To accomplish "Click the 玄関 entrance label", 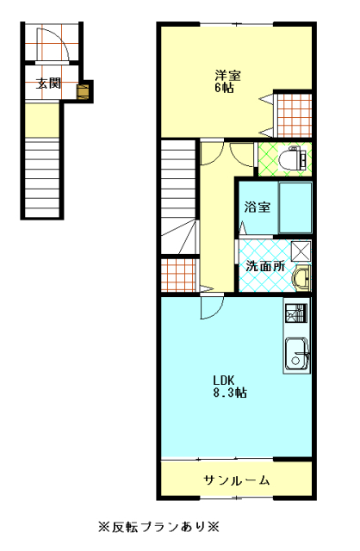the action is point(48,84).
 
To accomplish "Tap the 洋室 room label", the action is point(228,76).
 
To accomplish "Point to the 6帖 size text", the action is point(224,88).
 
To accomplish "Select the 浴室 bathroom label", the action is point(258,207).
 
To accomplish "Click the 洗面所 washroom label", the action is point(265,266).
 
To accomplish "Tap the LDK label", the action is point(224,380).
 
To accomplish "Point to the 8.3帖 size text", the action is point(230,393).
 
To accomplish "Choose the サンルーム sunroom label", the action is point(237,480).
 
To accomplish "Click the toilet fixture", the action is point(293,159).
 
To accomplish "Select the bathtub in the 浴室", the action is point(295,207).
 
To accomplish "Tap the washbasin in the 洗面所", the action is point(301,277).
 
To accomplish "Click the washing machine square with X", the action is point(301,251).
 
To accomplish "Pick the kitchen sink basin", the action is point(297,354).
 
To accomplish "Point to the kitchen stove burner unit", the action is point(296,313).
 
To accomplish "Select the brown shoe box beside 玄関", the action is point(84,91).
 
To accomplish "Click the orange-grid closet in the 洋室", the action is point(295,115).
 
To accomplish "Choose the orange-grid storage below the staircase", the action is point(178,275).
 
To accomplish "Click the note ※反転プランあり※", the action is point(159,527).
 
